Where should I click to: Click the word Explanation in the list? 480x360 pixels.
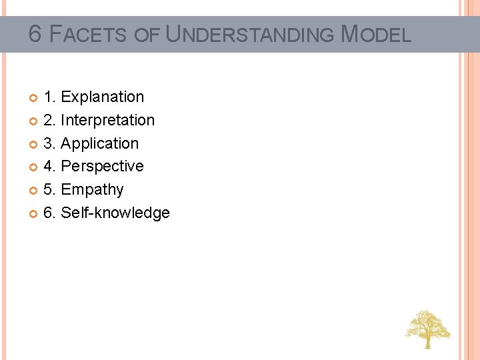click(x=102, y=97)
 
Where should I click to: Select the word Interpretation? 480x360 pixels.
click(x=107, y=121)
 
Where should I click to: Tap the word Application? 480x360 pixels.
click(x=100, y=144)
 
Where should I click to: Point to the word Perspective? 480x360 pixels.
click(x=102, y=167)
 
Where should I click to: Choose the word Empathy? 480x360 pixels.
click(x=92, y=190)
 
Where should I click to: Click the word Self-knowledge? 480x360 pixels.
click(x=115, y=213)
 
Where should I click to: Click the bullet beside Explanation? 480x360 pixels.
click(x=34, y=98)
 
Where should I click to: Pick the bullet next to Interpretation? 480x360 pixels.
click(x=34, y=121)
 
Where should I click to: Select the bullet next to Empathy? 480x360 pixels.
click(x=34, y=191)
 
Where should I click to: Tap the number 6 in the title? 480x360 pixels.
click(x=35, y=34)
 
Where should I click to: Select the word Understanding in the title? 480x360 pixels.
click(x=250, y=35)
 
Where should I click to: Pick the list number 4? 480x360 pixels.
click(x=49, y=167)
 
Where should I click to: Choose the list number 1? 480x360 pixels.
click(x=49, y=97)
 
